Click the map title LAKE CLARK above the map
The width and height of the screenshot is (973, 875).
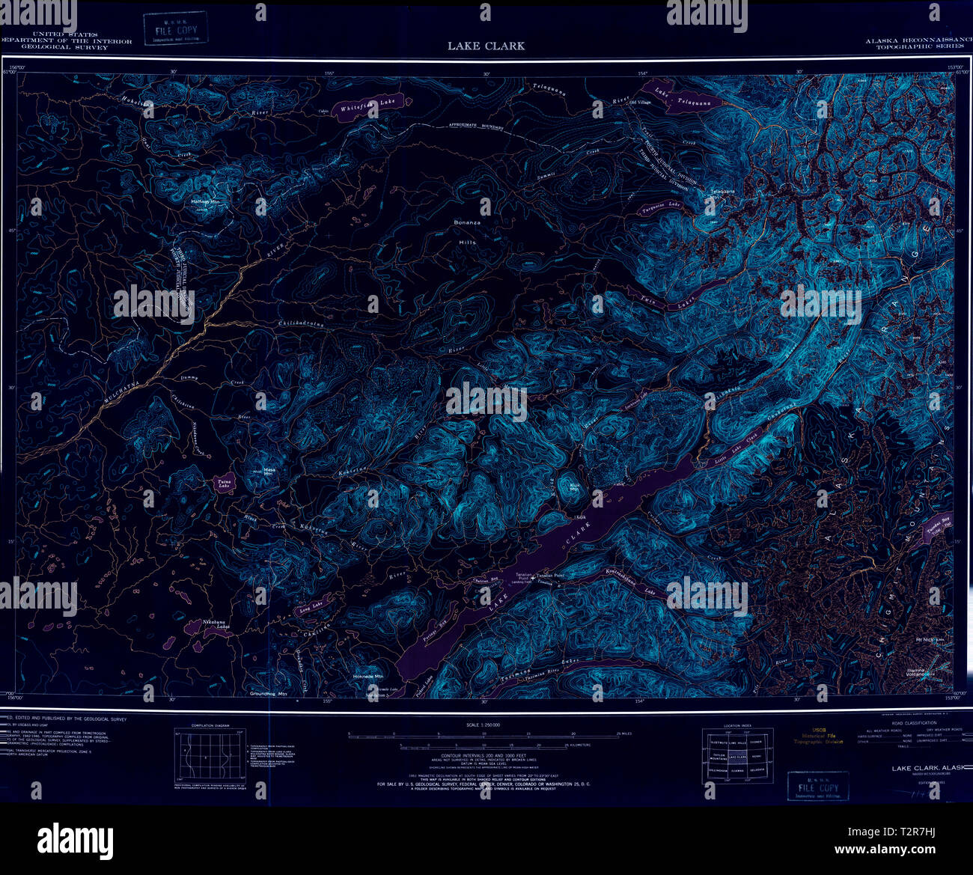click(486, 46)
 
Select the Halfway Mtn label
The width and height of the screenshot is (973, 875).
click(205, 202)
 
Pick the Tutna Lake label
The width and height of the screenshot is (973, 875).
click(223, 483)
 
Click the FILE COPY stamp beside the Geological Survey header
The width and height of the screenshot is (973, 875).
click(177, 29)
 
